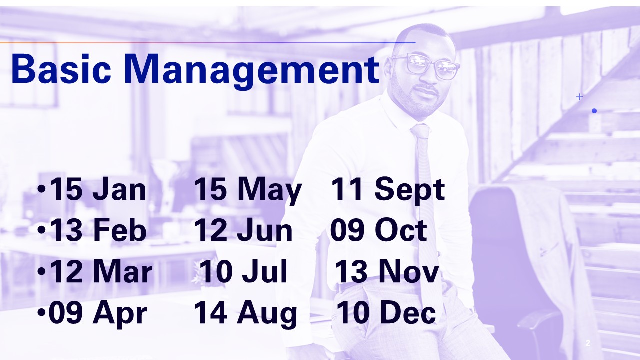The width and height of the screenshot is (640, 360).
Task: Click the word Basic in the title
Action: (61, 69)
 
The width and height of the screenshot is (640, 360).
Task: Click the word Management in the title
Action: (252, 71)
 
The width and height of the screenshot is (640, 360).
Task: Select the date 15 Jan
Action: (98, 189)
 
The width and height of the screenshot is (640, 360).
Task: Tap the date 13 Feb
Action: (98, 230)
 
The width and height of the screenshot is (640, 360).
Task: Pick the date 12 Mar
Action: (101, 271)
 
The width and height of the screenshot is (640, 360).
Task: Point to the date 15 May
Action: (248, 191)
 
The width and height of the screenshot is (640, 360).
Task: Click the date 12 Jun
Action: (243, 230)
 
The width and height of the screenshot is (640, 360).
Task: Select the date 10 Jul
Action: (243, 271)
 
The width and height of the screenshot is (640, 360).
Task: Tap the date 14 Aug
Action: (245, 315)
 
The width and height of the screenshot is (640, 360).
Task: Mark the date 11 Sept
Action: (388, 191)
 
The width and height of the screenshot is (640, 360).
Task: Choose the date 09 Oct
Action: (379, 230)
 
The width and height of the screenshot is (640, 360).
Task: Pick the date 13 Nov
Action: (387, 271)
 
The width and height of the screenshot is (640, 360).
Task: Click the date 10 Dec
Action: (386, 313)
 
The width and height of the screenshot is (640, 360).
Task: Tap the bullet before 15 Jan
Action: (41, 189)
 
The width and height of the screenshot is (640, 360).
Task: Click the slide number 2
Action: (588, 343)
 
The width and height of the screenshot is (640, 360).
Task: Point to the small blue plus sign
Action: (579, 97)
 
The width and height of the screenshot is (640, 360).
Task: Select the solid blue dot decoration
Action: (594, 111)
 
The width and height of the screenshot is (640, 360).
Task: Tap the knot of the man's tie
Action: (420, 131)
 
